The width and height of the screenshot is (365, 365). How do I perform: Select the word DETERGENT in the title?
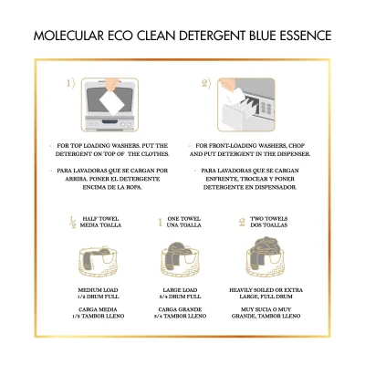pos(212,36)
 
